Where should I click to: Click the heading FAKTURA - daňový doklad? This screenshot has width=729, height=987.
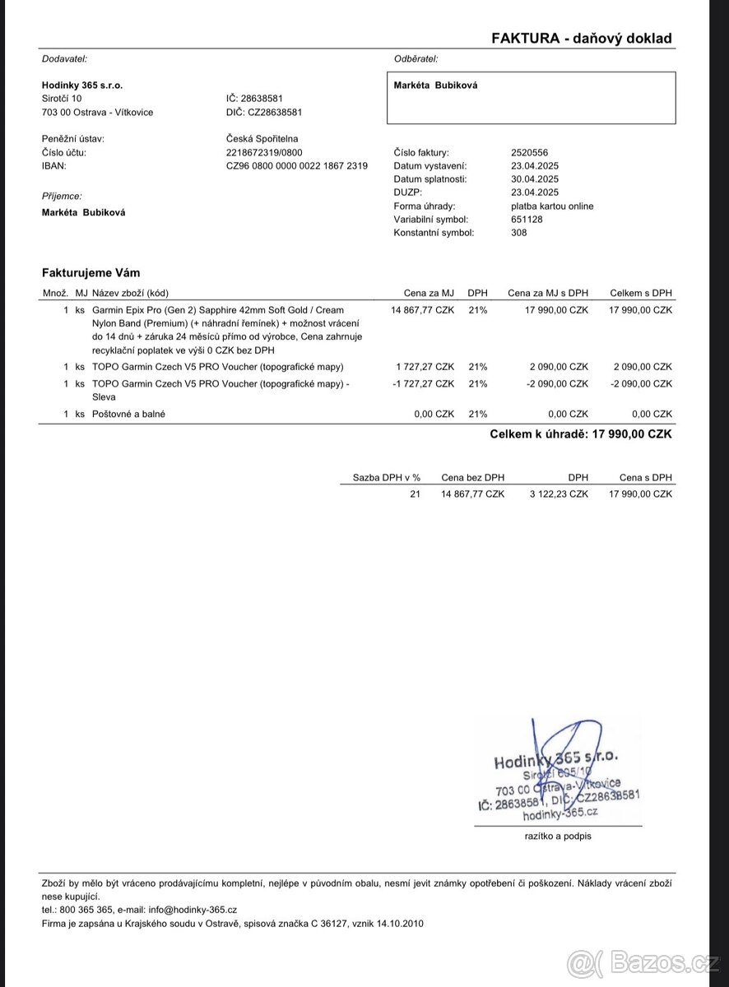point(582,38)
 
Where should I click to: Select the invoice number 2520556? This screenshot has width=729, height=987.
point(530,153)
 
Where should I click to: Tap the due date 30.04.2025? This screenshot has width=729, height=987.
point(535,179)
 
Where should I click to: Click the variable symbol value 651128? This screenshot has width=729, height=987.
point(527,220)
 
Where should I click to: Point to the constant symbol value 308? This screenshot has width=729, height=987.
point(519,233)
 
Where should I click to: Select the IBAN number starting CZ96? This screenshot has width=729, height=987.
point(297,166)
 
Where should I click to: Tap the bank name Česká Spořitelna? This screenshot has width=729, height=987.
point(262,139)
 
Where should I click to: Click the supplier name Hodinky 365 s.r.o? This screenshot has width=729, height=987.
point(82,85)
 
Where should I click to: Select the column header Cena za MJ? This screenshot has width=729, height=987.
point(429,293)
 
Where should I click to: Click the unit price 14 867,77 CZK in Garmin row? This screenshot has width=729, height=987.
point(422,311)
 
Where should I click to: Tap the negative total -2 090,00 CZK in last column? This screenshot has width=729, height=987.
point(641,384)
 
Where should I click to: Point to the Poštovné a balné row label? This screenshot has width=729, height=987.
point(128,415)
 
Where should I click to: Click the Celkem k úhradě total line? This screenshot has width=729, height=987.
point(581,434)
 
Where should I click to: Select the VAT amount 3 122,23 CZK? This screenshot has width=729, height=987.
point(559,494)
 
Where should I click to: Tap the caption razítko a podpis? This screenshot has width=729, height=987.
point(558,836)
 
